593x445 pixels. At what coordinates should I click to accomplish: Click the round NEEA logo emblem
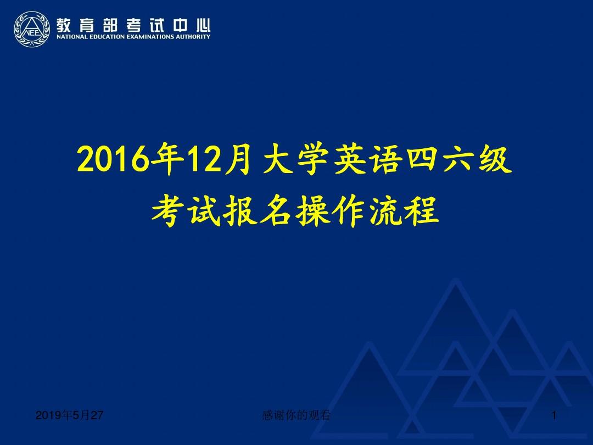coord(33,30)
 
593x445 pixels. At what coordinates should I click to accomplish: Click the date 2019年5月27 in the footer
coord(69,416)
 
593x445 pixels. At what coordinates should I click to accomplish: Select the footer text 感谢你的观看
coord(296,416)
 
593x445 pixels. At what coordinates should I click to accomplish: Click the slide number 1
coord(555,416)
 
